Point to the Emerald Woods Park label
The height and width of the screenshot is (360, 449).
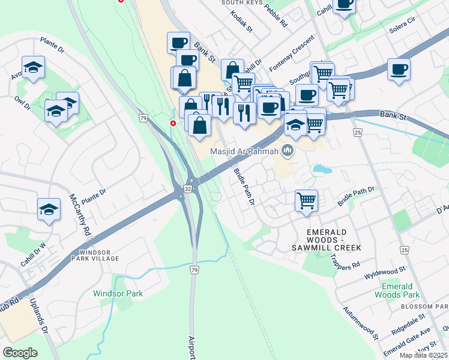pos(397,290)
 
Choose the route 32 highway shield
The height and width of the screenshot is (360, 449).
pos(188,189)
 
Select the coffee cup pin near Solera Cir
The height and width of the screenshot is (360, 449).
pos(399,70)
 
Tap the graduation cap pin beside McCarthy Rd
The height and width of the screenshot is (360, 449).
pos(49,209)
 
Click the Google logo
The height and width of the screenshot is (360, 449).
pos(20,353)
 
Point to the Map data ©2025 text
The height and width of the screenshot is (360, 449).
pos(423,355)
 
